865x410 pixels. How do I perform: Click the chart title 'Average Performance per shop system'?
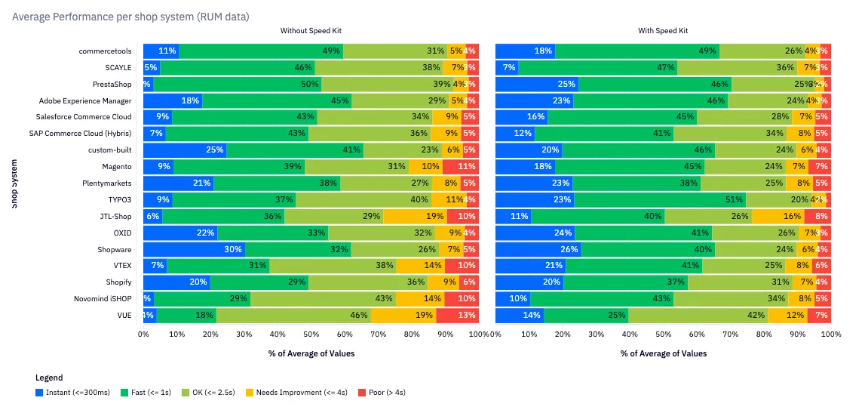(130, 16)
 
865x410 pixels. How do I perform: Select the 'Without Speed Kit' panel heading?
(310, 31)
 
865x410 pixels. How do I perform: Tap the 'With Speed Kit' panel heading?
(663, 31)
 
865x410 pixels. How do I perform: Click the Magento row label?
(117, 167)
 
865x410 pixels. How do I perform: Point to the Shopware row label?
(114, 249)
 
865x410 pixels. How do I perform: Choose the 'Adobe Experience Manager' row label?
(85, 100)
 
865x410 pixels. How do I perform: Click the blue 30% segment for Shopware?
(194, 249)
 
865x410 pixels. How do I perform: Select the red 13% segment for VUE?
(456, 316)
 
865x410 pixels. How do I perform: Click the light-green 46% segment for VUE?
(293, 316)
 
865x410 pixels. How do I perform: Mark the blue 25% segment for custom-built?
(185, 150)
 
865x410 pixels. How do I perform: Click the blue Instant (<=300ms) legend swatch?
(39, 393)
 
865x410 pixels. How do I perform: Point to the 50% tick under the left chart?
(311, 333)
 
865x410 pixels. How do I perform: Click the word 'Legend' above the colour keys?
(49, 378)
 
